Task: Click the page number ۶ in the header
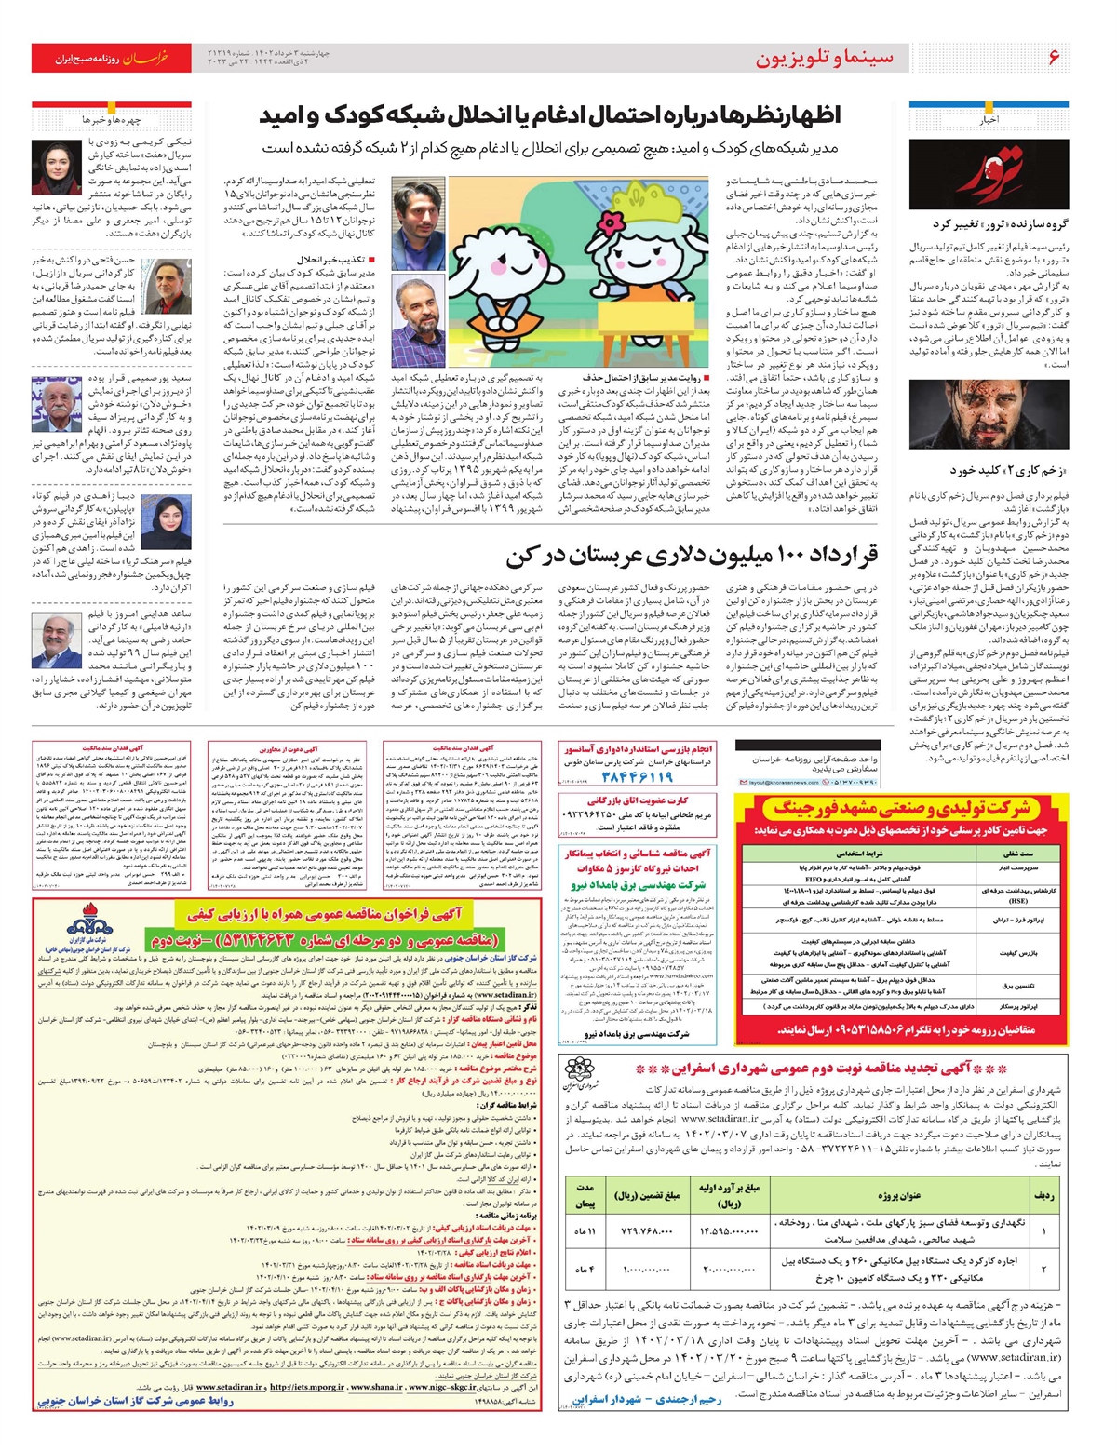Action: [x=1054, y=58]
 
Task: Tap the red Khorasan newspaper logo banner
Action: [x=112, y=58]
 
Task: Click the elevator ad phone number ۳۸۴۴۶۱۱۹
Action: [x=636, y=777]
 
